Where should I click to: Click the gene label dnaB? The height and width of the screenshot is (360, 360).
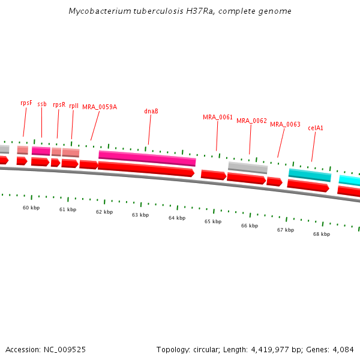[x=151, y=111]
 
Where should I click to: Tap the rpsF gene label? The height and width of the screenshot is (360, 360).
[x=26, y=103]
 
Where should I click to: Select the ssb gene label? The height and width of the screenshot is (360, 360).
[x=42, y=104]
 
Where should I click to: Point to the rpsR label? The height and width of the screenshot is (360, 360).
[x=59, y=104]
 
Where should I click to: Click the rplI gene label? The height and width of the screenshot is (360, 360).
[x=74, y=106]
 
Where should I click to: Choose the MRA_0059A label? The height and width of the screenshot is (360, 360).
[x=100, y=107]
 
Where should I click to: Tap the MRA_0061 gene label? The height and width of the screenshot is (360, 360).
[x=218, y=117]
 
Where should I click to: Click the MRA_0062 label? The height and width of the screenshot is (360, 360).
[x=251, y=121]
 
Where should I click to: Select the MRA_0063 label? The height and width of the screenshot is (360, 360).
[x=285, y=124]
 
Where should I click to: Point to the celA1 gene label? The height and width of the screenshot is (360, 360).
[x=316, y=128]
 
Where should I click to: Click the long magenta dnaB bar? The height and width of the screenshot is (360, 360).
[x=147, y=158]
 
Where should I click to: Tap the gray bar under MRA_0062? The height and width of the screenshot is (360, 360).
[x=247, y=167]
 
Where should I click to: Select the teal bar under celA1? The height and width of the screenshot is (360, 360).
[x=310, y=175]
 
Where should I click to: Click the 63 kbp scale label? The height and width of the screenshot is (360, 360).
[x=140, y=215]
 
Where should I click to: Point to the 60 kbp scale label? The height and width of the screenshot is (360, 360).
[x=31, y=208]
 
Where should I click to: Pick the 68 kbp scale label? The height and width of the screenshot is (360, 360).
[x=322, y=234]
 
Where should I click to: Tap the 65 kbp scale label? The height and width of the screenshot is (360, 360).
[x=213, y=221]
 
